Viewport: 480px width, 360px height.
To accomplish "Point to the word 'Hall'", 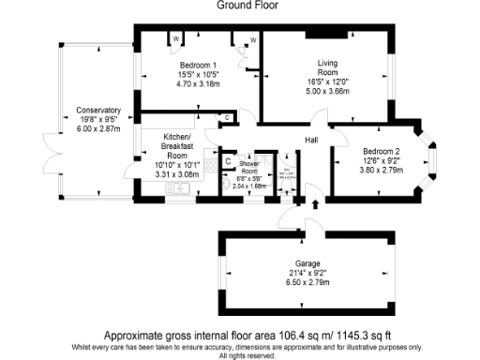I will click(311, 140).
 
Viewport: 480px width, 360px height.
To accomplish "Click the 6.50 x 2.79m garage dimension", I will click(300, 283).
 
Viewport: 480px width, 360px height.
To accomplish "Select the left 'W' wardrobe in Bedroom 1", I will click(175, 38).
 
